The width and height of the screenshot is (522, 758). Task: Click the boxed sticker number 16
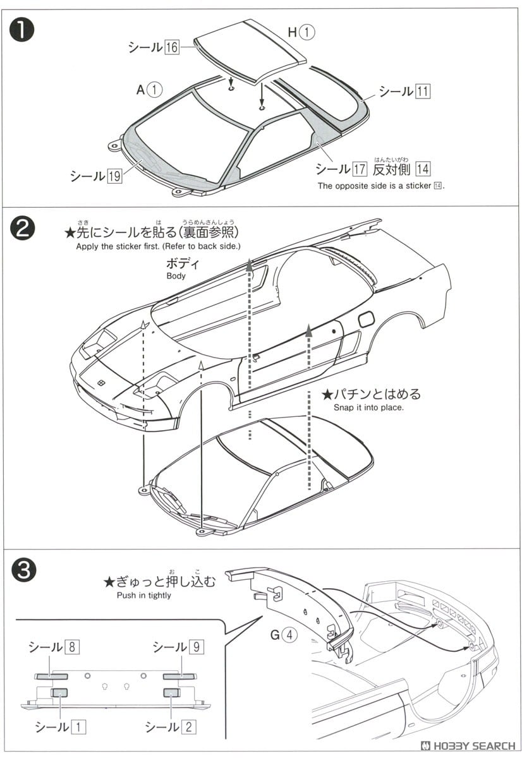pyautogui.click(x=172, y=47)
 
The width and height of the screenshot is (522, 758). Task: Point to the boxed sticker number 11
pyautogui.click(x=422, y=92)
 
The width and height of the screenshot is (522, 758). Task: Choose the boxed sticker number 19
pyautogui.click(x=114, y=176)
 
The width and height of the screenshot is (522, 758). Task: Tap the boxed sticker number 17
pyautogui.click(x=360, y=169)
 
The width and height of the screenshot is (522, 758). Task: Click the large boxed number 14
pyautogui.click(x=423, y=169)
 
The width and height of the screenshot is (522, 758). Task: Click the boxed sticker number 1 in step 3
pyautogui.click(x=78, y=726)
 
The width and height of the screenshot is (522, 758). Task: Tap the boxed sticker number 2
pyautogui.click(x=188, y=726)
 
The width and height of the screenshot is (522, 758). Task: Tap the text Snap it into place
pyautogui.click(x=368, y=407)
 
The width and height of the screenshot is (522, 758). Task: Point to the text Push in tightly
pyautogui.click(x=144, y=595)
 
